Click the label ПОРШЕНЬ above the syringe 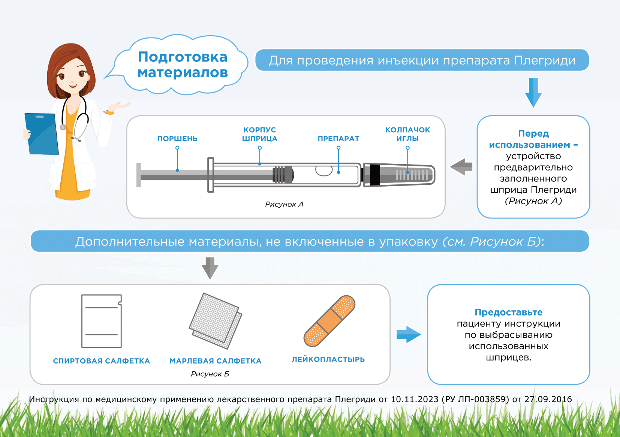tap(177, 139)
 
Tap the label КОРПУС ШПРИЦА tap(259, 134)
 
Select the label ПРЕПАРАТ tap(338, 139)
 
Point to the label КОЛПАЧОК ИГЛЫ tap(407, 134)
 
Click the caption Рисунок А tap(284, 204)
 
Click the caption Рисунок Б tap(210, 374)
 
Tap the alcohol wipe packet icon tap(102, 321)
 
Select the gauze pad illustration tap(216, 320)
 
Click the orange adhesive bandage tap(329, 321)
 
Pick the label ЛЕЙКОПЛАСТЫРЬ tap(328, 359)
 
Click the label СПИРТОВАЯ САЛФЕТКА tap(102, 361)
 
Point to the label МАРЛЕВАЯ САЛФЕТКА tap(216, 361)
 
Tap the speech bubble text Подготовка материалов tap(183, 64)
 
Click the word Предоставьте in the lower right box tap(508, 312)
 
